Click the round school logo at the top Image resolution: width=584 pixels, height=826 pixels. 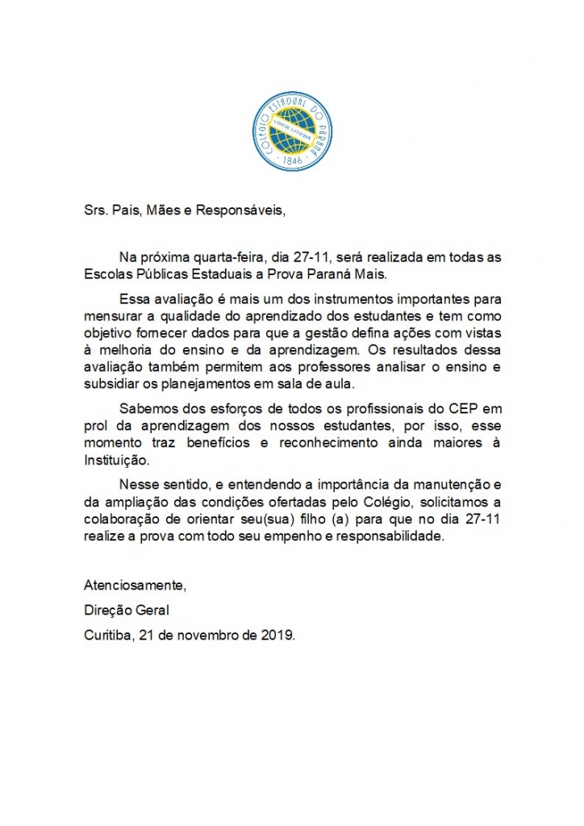coord(292,131)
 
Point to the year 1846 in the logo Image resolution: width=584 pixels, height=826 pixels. coord(292,161)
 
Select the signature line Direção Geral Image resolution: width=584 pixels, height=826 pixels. coord(127,610)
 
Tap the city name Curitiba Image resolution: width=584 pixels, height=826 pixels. coord(108,635)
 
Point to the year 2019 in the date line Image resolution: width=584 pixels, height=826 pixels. coord(277,635)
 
